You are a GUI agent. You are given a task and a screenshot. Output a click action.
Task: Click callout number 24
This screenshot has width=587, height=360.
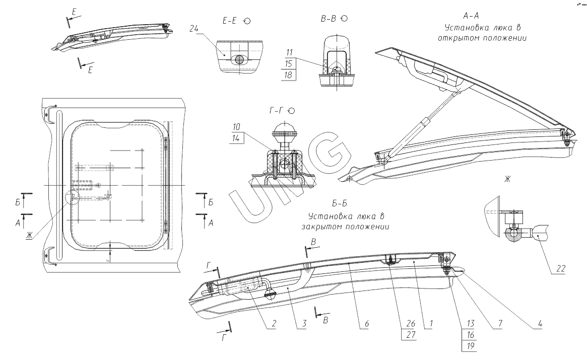click(x=193, y=29)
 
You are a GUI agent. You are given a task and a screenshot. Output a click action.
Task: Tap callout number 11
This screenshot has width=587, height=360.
click(x=289, y=52)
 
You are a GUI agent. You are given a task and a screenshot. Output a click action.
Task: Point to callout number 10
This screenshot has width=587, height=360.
click(x=237, y=126)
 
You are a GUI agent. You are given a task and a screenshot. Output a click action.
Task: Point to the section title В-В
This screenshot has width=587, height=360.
click(x=329, y=19)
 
